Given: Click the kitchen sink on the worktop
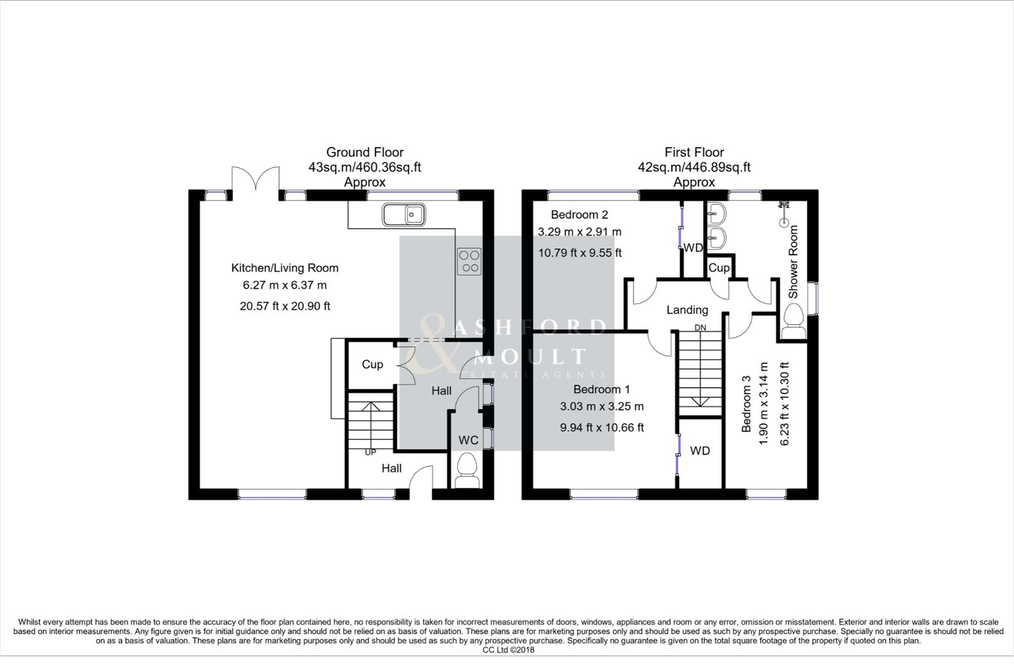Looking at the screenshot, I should (x=404, y=215).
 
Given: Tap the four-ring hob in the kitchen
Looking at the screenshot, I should (x=469, y=261).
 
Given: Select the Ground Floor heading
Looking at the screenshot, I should (x=365, y=152).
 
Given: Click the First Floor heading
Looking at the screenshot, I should (x=694, y=152).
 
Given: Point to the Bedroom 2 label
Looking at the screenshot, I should (x=579, y=215).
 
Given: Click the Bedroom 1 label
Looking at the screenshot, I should (x=601, y=389).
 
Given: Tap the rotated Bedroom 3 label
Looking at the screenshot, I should (x=747, y=404).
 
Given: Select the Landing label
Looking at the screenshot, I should (x=687, y=310).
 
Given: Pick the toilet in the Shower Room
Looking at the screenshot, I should (x=793, y=322).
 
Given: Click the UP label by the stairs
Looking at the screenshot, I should (x=370, y=453).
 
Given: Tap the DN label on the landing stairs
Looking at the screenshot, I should (x=700, y=328).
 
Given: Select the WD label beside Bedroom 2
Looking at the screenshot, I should (x=693, y=248).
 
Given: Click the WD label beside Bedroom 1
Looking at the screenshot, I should (x=700, y=451).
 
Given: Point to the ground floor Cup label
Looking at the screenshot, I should (x=372, y=364).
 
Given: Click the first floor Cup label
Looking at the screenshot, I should (x=719, y=268).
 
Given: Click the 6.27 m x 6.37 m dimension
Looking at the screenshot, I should (x=285, y=285).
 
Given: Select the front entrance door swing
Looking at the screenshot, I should (x=421, y=477).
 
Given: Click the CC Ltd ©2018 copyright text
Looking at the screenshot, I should (x=508, y=650).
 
